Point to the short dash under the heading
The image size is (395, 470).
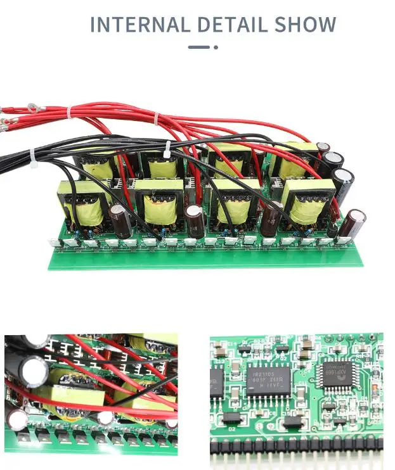pos(198,47)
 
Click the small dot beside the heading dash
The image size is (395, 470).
pos(216,47)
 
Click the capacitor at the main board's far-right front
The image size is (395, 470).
pos(354,224)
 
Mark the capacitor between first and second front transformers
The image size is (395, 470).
pos(120,219)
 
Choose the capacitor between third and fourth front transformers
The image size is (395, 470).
pos(271,217)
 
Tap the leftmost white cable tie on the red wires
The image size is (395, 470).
pos(69,113)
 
